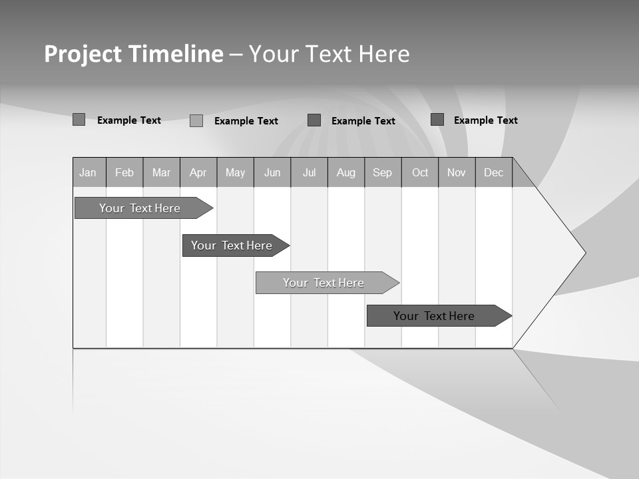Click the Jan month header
(x=89, y=173)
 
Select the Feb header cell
(x=124, y=173)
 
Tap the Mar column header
(x=161, y=173)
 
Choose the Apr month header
(x=198, y=173)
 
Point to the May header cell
(x=235, y=173)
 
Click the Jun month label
(x=272, y=173)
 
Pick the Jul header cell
(x=309, y=173)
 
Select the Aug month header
(x=346, y=173)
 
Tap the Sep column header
(x=383, y=173)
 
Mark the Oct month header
(x=420, y=173)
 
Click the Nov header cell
(x=457, y=173)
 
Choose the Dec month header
(x=494, y=173)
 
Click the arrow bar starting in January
(x=140, y=208)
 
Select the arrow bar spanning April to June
(x=232, y=245)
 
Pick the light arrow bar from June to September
(x=323, y=283)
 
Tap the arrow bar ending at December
(x=434, y=316)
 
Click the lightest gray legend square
(x=196, y=120)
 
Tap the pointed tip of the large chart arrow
(x=584, y=253)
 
